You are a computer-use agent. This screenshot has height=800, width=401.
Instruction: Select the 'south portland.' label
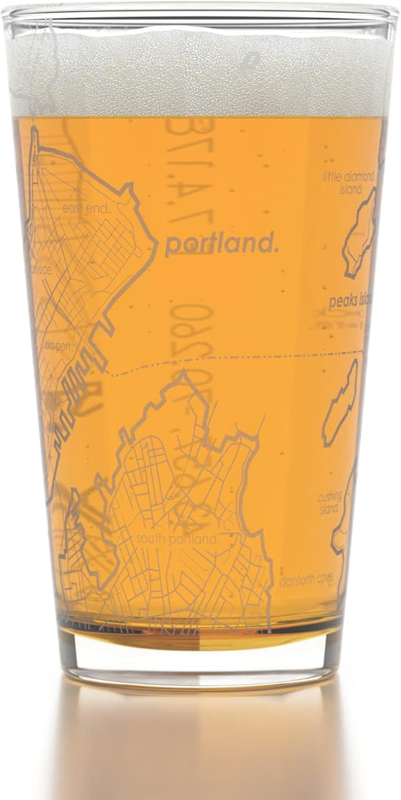click(x=177, y=538)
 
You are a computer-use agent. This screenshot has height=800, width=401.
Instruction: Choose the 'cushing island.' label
click(x=330, y=501)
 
